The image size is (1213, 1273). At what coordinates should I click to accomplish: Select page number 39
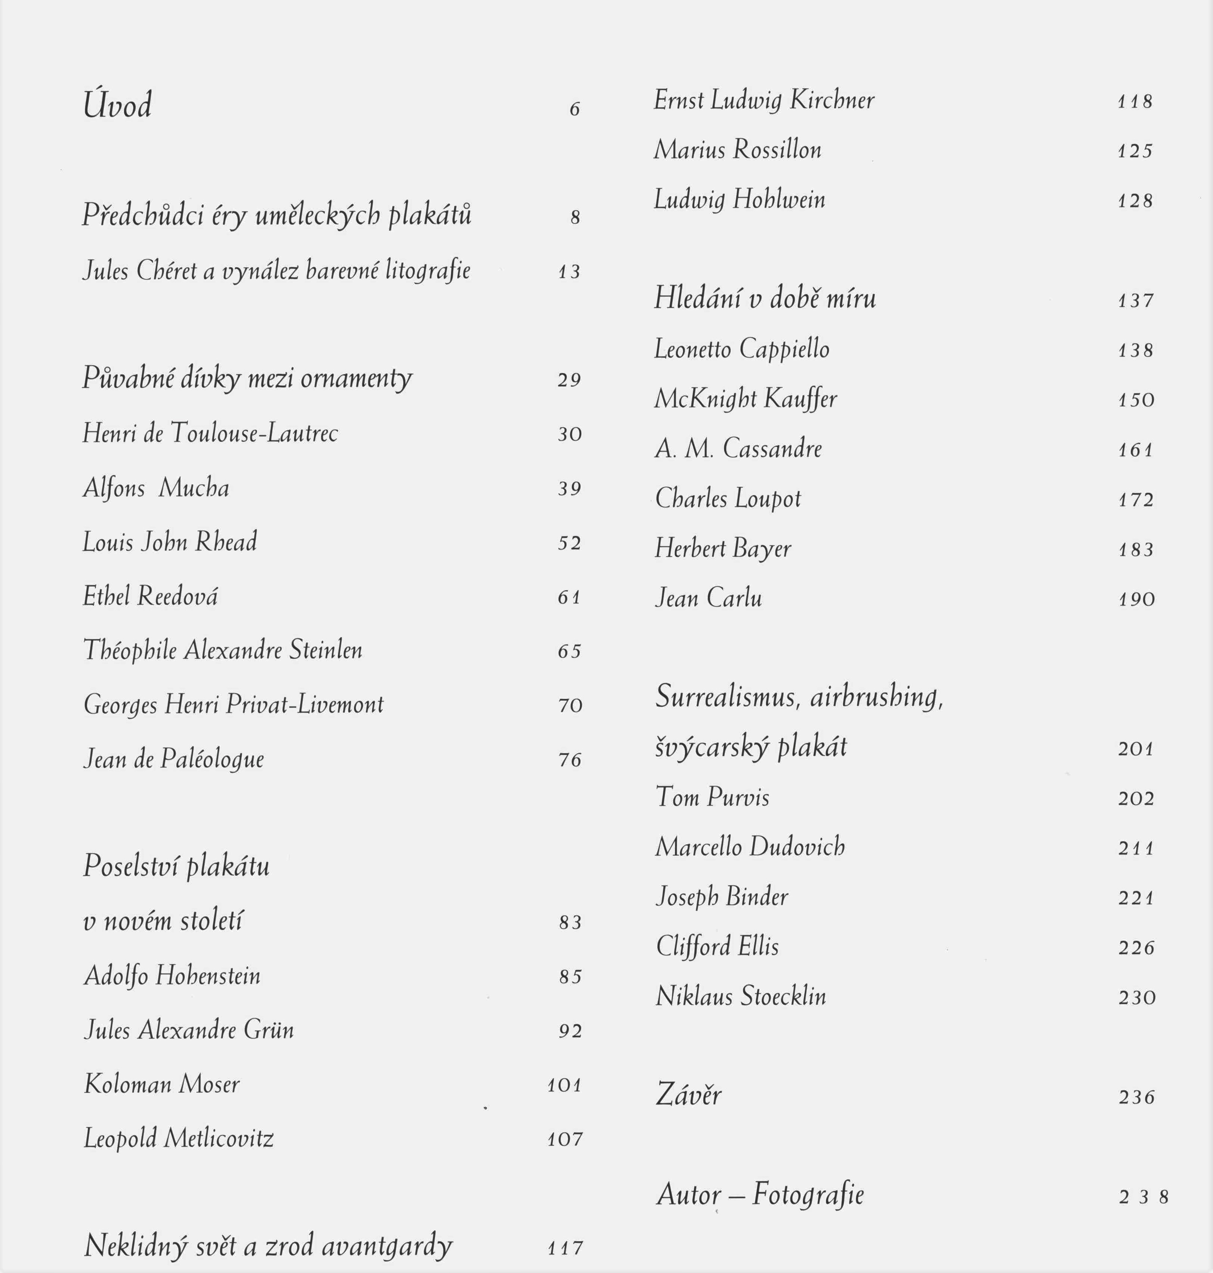pos(570,489)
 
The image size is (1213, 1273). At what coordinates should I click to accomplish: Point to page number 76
pos(570,760)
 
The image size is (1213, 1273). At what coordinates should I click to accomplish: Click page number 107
pos(565,1139)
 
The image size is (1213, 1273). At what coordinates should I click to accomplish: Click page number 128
pos(1136,201)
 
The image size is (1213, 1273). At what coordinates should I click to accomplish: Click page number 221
pos(1136,898)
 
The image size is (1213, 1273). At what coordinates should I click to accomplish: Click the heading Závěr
pos(689,1095)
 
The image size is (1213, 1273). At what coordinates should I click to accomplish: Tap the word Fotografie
pos(808,1194)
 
